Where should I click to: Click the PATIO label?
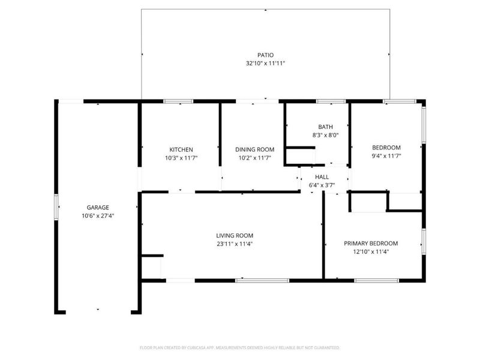tap(265, 55)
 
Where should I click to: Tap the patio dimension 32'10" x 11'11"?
tap(265, 62)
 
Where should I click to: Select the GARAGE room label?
tap(98, 208)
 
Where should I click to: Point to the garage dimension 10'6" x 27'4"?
tap(98, 215)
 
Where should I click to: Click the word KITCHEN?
tap(181, 149)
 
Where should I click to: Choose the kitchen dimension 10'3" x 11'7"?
tap(181, 157)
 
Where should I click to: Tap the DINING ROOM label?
tap(254, 149)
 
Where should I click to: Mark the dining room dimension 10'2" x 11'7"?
tap(254, 157)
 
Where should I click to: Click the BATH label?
tap(325, 127)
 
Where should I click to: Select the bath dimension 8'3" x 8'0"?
tap(325, 135)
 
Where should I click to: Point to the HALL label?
tap(322, 177)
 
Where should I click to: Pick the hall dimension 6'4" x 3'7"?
tap(322, 185)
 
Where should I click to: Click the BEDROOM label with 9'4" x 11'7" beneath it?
tap(386, 148)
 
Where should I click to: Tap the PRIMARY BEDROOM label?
tap(371, 244)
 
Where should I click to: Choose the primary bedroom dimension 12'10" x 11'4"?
tap(371, 251)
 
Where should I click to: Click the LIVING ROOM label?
tap(235, 236)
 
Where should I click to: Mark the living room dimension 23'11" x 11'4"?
tap(235, 244)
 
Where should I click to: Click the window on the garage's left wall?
tap(57, 208)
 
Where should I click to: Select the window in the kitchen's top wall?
tap(174, 101)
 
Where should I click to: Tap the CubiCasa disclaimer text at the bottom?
tap(239, 347)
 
